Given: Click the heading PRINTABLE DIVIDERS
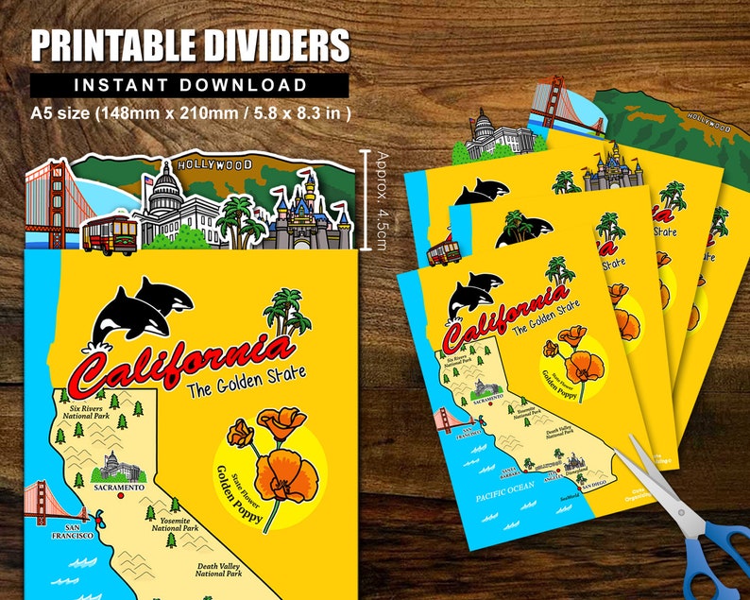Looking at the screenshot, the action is [189, 45].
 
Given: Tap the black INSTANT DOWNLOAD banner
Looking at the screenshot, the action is [189, 85].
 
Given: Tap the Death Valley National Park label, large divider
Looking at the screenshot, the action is [219, 569].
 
